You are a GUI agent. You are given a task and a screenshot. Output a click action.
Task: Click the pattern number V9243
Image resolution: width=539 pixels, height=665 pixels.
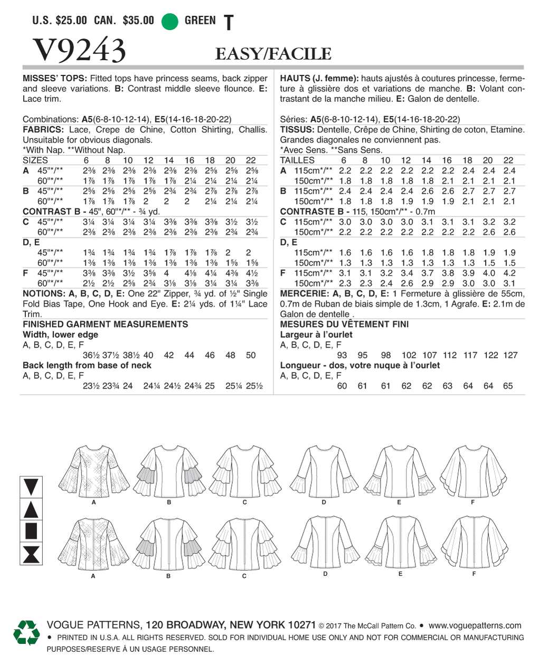click(x=79, y=51)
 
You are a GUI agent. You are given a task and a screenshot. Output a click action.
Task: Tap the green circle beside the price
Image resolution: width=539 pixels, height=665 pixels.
click(x=169, y=21)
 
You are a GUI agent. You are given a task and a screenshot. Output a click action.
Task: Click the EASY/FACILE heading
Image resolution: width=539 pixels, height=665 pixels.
click(x=273, y=54)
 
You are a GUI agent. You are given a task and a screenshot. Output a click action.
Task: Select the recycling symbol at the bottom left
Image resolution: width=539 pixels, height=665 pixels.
click(x=26, y=632)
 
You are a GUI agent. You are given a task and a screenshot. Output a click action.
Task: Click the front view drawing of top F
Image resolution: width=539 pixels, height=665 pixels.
click(x=473, y=470)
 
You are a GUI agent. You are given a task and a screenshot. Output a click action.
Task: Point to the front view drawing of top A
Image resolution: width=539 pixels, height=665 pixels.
click(x=94, y=470)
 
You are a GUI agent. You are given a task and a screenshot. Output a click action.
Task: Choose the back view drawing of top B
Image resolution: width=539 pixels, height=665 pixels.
click(x=168, y=544)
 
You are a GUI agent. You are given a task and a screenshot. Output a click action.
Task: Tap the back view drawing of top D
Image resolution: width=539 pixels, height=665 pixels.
click(x=325, y=541)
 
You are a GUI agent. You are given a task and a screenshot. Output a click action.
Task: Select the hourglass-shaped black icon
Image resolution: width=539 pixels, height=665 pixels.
click(x=31, y=554)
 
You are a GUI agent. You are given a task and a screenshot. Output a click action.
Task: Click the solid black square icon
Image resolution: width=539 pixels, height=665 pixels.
click(x=31, y=531)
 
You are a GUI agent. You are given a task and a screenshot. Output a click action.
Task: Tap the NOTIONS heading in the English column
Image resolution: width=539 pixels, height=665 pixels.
click(x=43, y=294)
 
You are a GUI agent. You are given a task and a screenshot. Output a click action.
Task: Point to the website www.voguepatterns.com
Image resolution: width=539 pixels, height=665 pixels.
click(x=475, y=625)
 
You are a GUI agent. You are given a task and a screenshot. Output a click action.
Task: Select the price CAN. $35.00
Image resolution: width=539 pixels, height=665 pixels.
click(x=124, y=21)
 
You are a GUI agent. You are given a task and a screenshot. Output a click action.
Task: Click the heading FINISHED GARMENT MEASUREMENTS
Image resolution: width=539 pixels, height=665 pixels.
click(x=105, y=325)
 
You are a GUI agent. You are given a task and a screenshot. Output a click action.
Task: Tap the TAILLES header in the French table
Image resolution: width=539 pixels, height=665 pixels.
click(x=297, y=160)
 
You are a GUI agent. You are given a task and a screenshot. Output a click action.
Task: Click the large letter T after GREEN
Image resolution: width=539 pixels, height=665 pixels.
click(x=228, y=23)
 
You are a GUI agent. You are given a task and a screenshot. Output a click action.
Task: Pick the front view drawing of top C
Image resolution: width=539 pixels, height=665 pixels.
click(x=244, y=470)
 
